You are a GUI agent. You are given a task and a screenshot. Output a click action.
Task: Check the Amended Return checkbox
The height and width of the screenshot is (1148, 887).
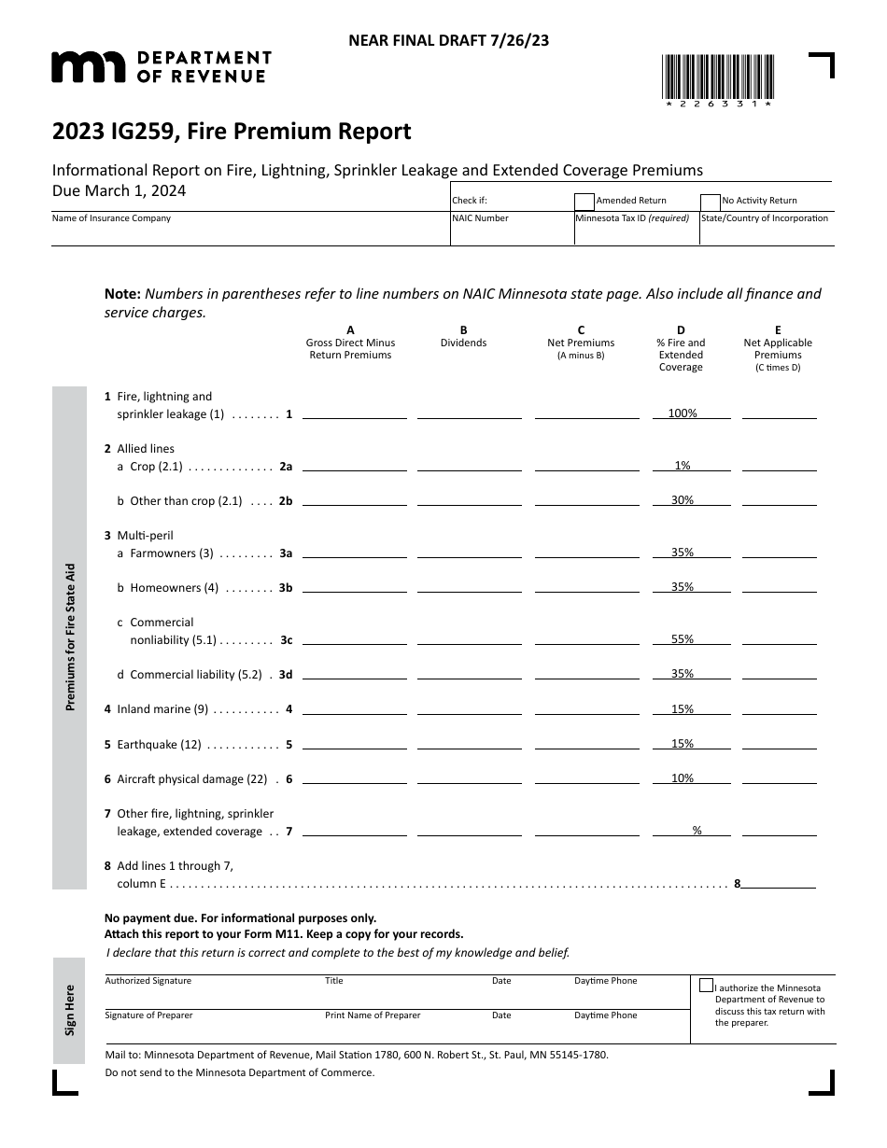584,201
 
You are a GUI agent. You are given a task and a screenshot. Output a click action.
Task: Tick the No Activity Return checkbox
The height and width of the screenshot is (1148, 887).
711,201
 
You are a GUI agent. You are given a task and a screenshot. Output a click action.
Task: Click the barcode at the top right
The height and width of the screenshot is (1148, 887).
717,78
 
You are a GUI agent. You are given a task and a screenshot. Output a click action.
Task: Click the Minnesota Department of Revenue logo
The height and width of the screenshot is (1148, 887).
161,66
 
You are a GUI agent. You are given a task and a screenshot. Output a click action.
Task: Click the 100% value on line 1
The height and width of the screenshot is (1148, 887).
683,413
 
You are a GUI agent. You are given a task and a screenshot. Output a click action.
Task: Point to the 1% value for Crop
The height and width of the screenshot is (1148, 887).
683,465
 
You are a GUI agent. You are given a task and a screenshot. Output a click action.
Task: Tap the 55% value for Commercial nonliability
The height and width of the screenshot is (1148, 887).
683,639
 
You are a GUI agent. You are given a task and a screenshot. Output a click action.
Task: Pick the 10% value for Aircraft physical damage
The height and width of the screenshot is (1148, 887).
683,778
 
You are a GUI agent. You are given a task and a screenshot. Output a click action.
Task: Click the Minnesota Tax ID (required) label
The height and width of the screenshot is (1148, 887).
632,218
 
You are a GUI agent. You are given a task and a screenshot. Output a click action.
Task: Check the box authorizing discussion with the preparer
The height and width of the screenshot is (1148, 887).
706,985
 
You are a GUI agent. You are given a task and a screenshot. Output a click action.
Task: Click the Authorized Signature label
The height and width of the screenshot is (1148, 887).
148,981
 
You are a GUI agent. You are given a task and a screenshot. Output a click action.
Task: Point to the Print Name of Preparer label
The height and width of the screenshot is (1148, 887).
373,1015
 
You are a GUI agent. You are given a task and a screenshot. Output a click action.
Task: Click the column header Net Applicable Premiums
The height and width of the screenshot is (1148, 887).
778,349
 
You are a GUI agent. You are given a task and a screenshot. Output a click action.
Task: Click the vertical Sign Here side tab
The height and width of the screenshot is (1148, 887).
70,1010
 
